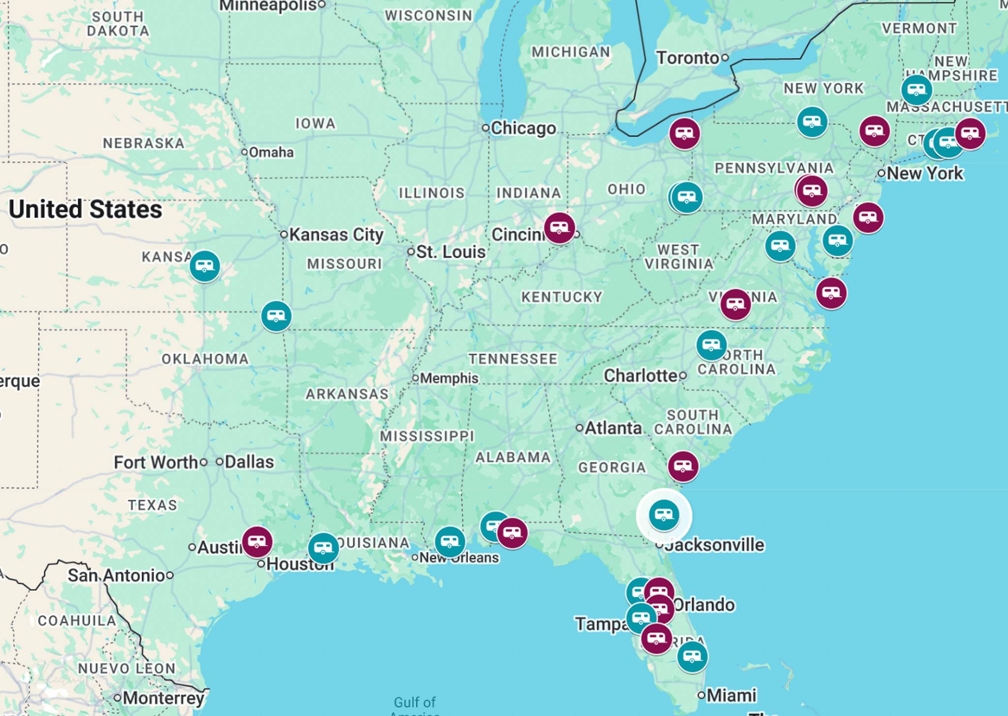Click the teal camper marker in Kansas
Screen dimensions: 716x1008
click(x=205, y=266)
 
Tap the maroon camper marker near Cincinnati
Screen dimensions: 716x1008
click(x=560, y=228)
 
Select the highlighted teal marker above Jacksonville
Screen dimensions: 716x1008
click(x=664, y=515)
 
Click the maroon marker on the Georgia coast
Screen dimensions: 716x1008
click(x=683, y=466)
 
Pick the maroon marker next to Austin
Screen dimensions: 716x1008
click(x=257, y=541)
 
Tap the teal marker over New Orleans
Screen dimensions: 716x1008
click(x=449, y=542)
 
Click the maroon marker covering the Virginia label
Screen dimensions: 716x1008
click(x=735, y=304)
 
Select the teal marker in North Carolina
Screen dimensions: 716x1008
click(x=711, y=345)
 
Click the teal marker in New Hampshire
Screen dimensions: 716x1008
click(x=916, y=90)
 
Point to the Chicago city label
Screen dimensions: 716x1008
click(x=523, y=128)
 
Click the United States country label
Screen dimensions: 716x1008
click(x=85, y=209)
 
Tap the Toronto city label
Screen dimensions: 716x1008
click(x=688, y=58)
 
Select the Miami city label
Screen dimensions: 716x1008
click(x=731, y=695)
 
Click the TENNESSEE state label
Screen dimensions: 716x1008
click(x=513, y=359)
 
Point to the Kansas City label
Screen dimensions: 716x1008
click(x=336, y=235)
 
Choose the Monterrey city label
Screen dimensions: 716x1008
click(x=163, y=698)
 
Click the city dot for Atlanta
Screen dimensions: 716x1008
click(x=580, y=428)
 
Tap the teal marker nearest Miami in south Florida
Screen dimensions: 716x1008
click(x=693, y=656)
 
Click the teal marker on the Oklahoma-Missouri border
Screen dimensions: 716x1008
click(x=276, y=315)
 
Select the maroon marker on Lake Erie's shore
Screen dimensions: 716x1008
click(x=684, y=133)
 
